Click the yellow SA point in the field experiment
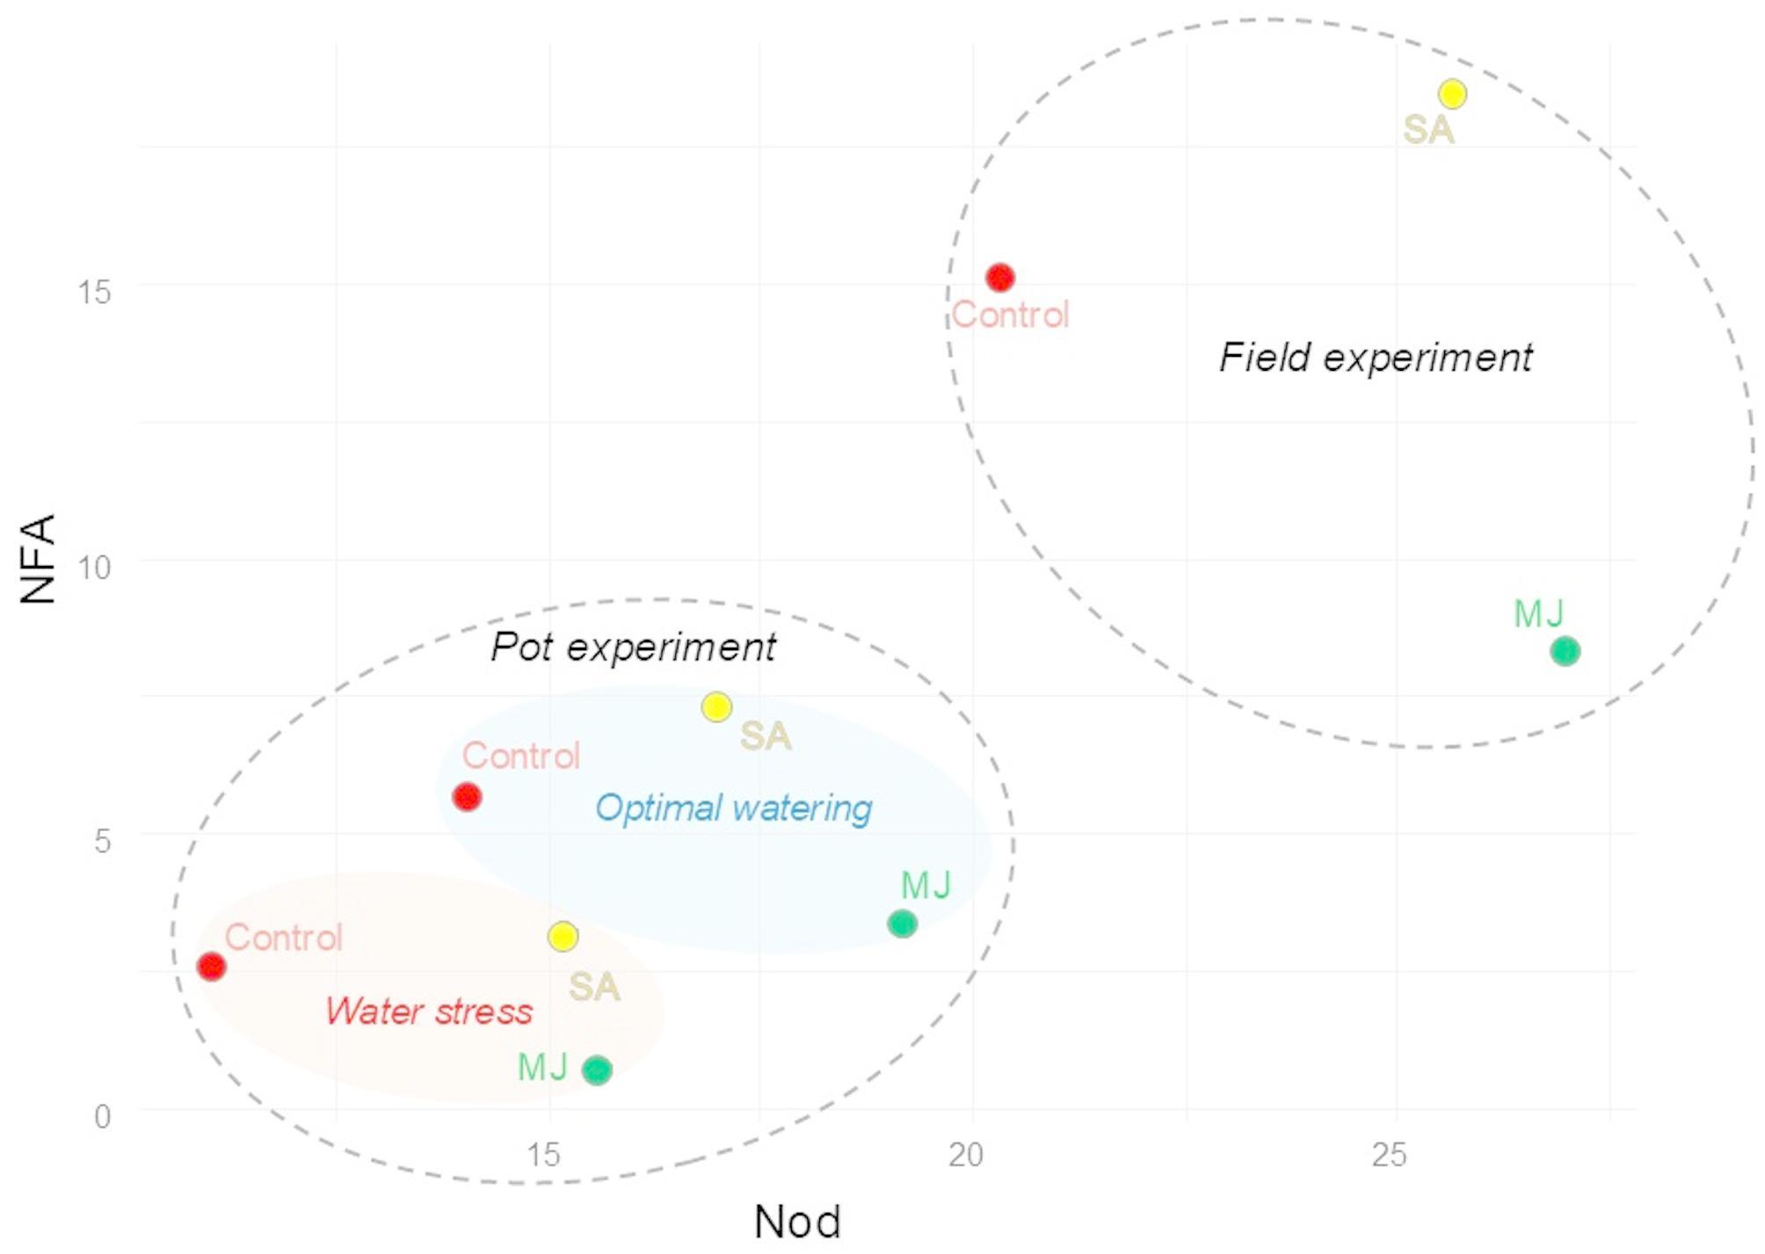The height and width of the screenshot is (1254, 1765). coord(1452,93)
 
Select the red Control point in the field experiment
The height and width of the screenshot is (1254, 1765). coord(999,278)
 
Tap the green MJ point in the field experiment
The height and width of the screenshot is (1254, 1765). coord(1565,651)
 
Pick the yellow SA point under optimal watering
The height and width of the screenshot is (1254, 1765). coord(716,707)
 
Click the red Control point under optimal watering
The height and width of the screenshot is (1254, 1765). coord(467,797)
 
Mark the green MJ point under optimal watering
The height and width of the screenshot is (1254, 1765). coord(902,924)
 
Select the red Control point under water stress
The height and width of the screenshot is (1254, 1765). coord(211,967)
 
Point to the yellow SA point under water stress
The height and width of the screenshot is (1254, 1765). coord(563,936)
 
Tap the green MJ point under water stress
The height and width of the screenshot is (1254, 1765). coord(597,1069)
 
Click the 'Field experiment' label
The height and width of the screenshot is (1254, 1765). coord(1376,358)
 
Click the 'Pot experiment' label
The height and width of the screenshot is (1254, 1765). coord(633,647)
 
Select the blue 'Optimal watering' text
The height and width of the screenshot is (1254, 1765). coord(733,808)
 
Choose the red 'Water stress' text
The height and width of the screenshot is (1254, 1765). coord(429,1011)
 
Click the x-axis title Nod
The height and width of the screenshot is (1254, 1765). coord(797,1221)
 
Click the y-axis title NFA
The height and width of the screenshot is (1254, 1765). coord(38,559)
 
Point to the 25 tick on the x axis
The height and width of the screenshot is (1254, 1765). coord(1389,1155)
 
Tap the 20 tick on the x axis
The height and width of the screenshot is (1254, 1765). coord(965,1155)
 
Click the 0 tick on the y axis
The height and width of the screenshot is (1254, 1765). coord(103,1117)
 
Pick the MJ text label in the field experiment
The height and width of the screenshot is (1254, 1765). coord(1538,613)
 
